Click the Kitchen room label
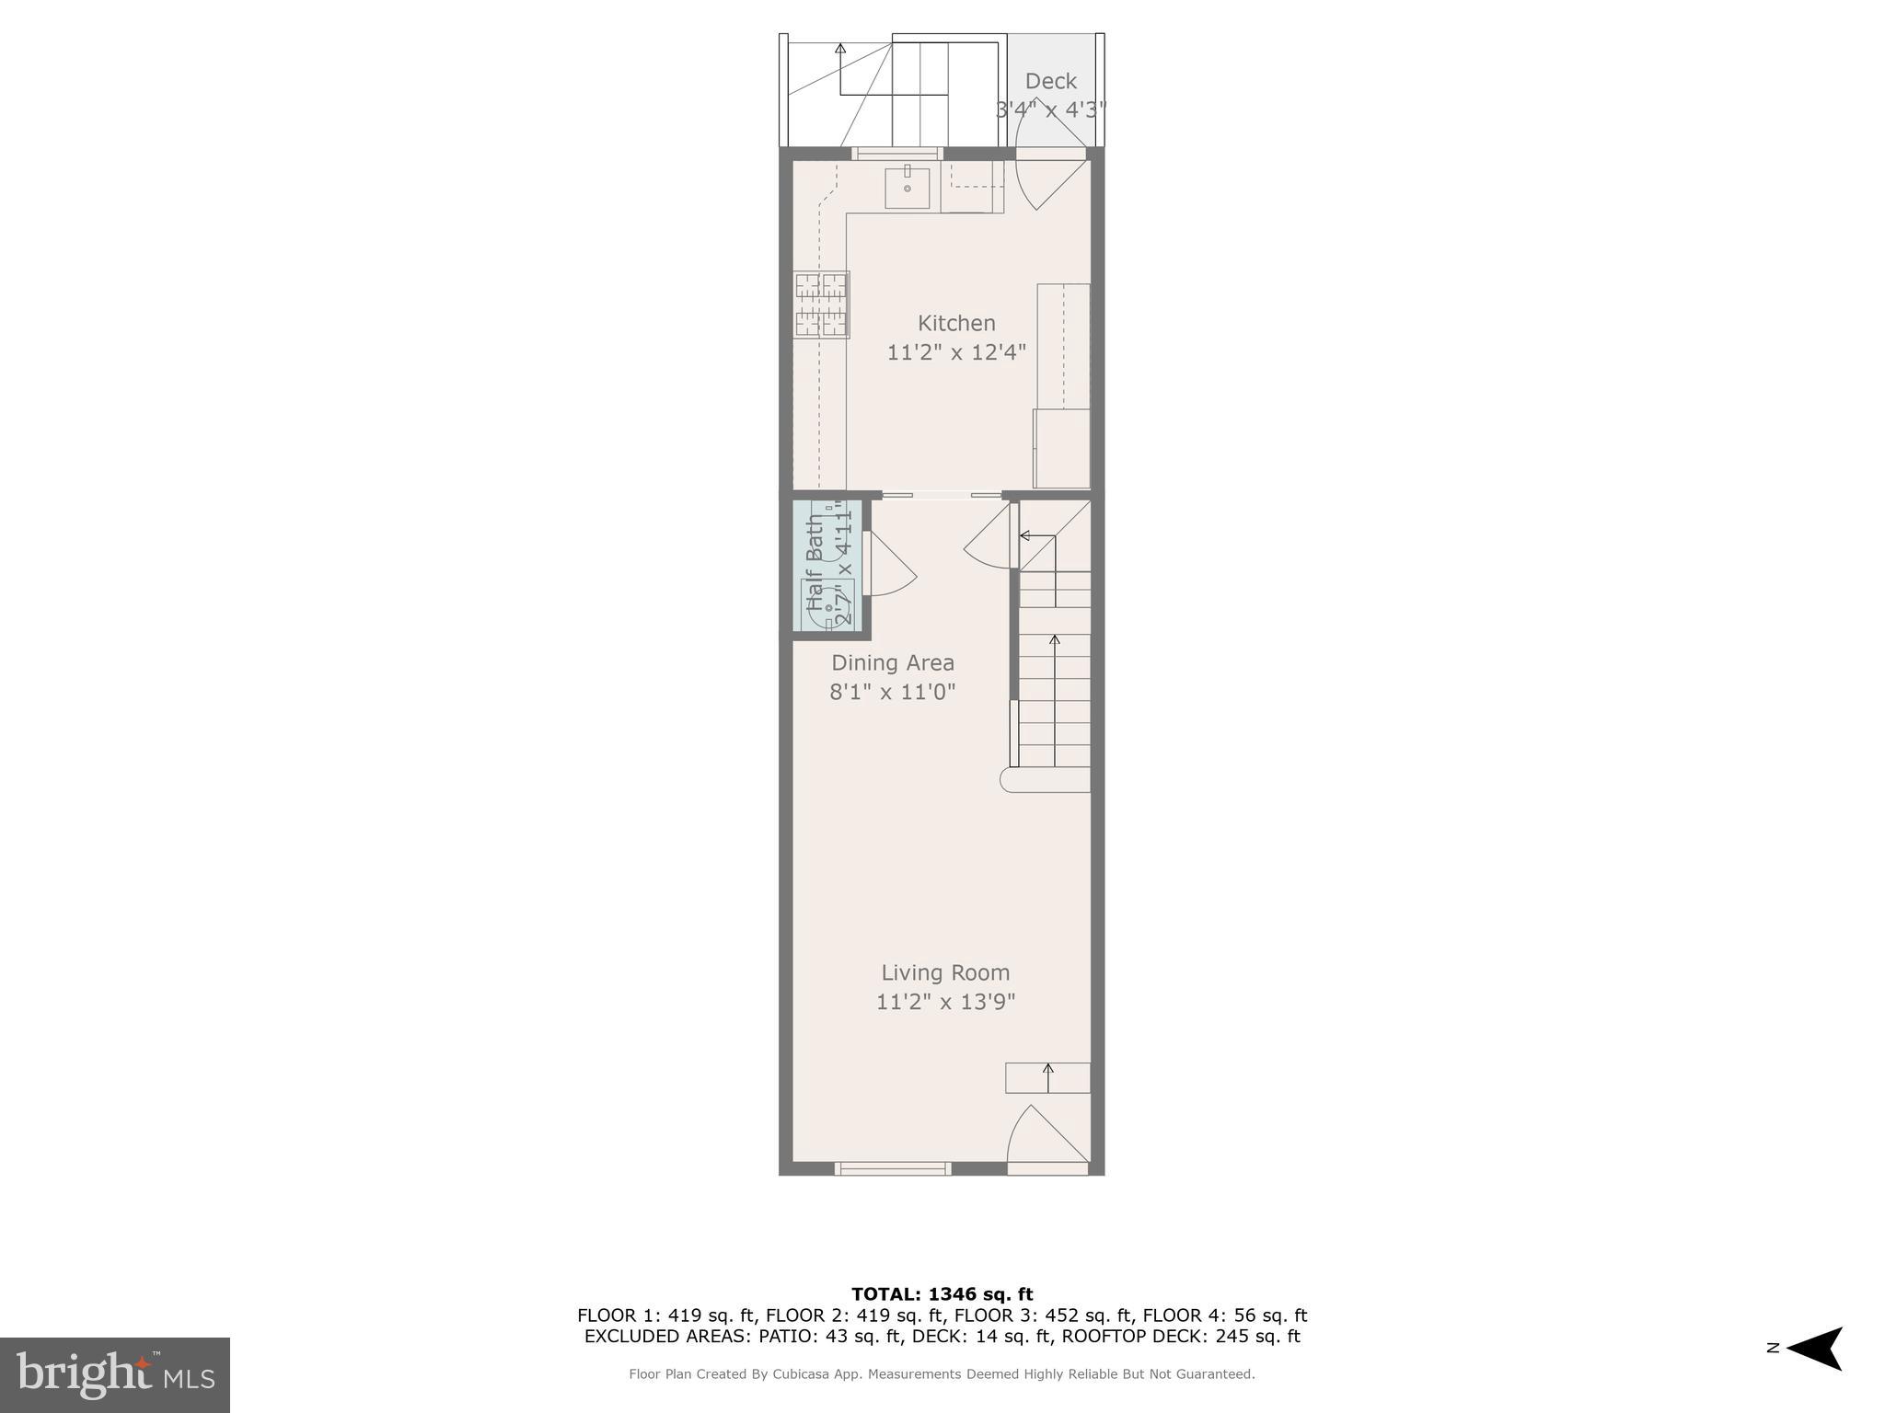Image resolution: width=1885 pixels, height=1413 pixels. [x=956, y=323]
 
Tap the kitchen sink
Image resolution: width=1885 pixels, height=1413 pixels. [x=907, y=188]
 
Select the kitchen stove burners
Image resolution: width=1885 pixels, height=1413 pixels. [x=821, y=304]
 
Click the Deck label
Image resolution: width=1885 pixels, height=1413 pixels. [x=1050, y=81]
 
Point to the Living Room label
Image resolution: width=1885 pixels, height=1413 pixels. [x=945, y=972]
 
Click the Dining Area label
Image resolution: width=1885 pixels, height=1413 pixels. [x=893, y=662]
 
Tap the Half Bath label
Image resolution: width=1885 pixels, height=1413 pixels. [x=815, y=562]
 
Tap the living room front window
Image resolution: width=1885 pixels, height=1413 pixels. [x=892, y=1168]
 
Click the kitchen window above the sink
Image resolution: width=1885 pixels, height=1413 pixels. [x=896, y=154]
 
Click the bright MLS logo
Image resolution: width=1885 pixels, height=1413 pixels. [x=115, y=1374]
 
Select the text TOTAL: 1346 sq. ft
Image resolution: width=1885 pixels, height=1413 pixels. [x=942, y=1294]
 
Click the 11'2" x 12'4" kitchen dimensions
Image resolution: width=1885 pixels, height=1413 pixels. [x=956, y=352]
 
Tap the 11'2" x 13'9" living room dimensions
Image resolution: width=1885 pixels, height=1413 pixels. [x=945, y=1002]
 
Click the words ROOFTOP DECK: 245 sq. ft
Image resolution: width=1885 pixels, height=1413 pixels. [x=1181, y=1337]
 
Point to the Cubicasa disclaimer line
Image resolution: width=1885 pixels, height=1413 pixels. [x=942, y=1374]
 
